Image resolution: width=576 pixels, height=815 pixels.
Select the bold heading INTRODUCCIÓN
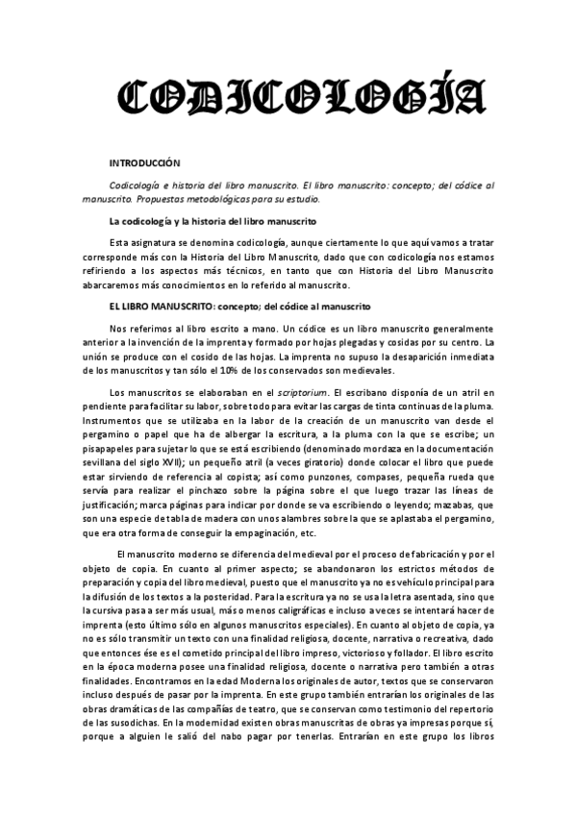[x=144, y=165]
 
